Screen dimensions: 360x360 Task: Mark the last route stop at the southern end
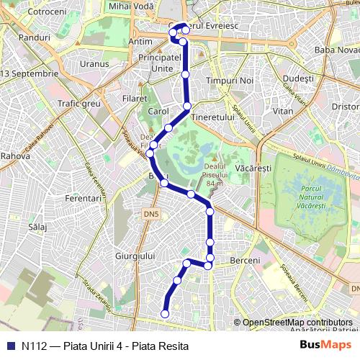(x=165, y=314)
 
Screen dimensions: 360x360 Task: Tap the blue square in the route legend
(x=9, y=346)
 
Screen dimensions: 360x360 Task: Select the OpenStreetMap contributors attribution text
(x=297, y=323)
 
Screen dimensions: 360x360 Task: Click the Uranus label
(x=94, y=63)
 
